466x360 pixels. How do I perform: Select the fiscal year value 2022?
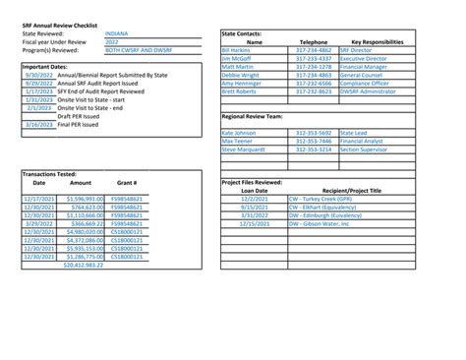[110, 41]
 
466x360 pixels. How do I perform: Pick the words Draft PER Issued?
[81, 116]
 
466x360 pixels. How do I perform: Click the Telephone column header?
[313, 42]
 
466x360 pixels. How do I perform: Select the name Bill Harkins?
[237, 50]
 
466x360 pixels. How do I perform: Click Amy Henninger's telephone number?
[313, 84]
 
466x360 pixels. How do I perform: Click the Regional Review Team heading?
[261, 115]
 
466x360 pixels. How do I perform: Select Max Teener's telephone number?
[313, 141]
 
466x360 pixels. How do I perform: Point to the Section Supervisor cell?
[366, 149]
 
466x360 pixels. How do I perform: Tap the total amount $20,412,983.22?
[82, 265]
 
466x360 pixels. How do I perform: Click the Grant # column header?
[125, 182]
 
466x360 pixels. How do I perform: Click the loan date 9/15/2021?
[254, 207]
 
